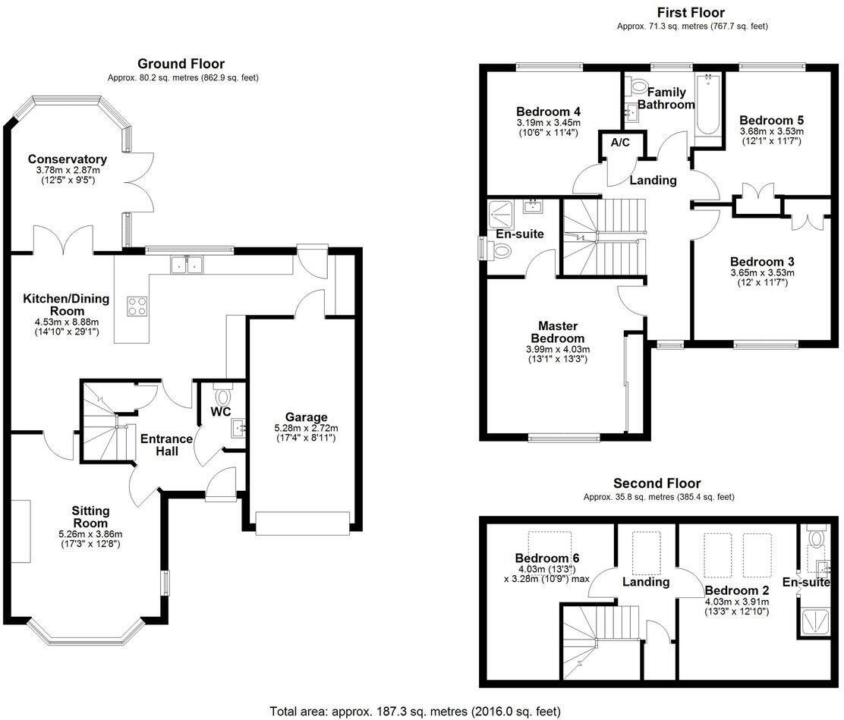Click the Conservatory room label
[x=68, y=159]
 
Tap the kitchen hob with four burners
[x=137, y=306]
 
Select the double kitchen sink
[x=186, y=264]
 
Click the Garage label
[x=307, y=417]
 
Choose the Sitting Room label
[x=90, y=517]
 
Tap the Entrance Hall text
[x=167, y=445]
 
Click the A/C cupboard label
[x=620, y=143]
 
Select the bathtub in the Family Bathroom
[x=708, y=105]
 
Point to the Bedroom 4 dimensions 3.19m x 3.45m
[x=548, y=123]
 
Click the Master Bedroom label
[x=558, y=332]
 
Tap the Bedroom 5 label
[x=771, y=120]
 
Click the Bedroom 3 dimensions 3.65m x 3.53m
[x=761, y=273]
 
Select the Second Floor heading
[x=657, y=483]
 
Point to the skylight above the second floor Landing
[x=646, y=553]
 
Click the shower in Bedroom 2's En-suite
[x=814, y=621]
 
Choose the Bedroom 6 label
[x=547, y=558]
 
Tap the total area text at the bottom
[x=415, y=712]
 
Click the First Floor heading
[x=691, y=12]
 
